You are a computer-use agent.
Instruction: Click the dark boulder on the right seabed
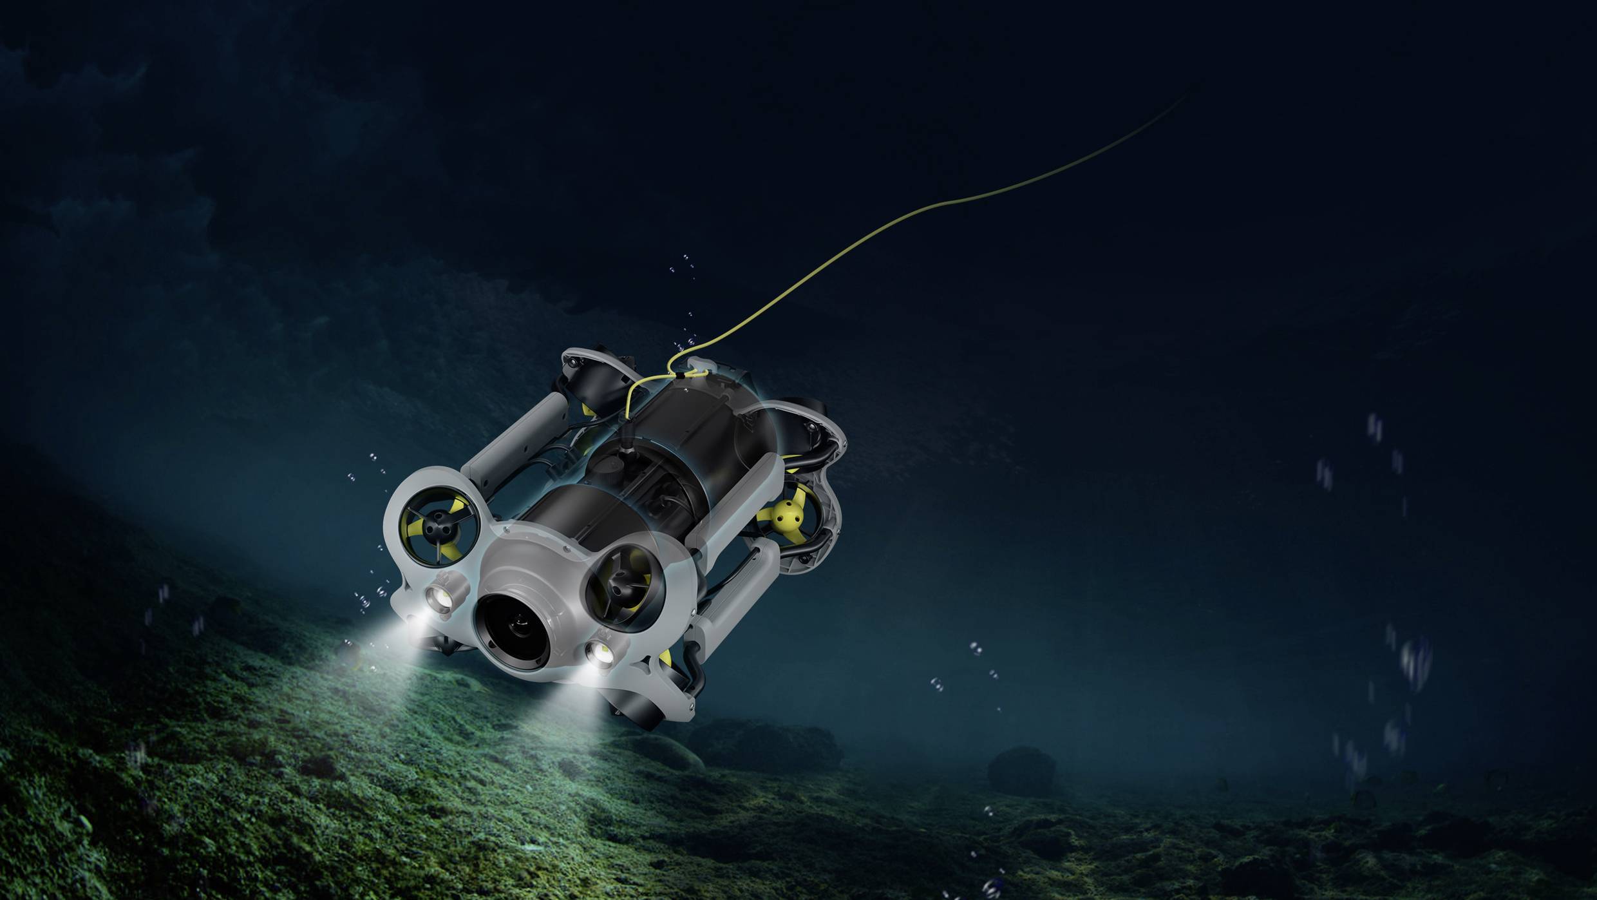click(x=1021, y=770)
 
